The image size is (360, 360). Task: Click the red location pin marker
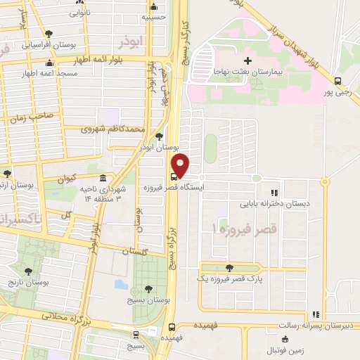pyautogui.click(x=181, y=165)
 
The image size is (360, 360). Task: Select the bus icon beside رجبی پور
pyautogui.click(x=337, y=81)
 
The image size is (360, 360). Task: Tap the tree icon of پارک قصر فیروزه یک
pyautogui.click(x=229, y=268)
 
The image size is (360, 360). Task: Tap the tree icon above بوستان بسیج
pyautogui.click(x=148, y=289)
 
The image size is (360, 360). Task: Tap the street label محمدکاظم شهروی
pyautogui.click(x=112, y=129)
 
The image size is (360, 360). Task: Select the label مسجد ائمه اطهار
pyautogui.click(x=49, y=72)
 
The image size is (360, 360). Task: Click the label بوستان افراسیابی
pyautogui.click(x=49, y=44)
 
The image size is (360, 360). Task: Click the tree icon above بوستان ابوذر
pyautogui.click(x=160, y=136)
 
